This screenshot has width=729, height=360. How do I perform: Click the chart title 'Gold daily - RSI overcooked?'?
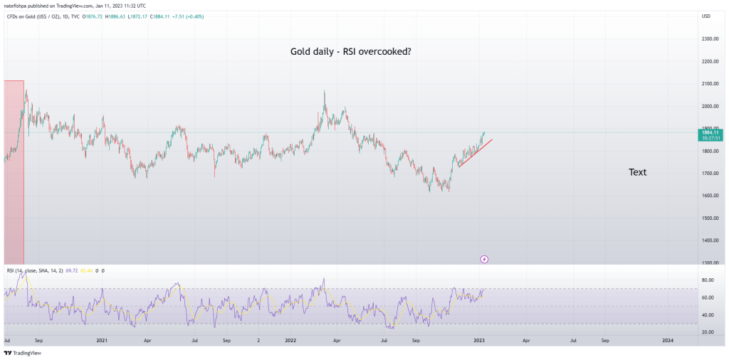pos(350,51)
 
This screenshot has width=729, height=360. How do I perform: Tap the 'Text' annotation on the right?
pos(637,172)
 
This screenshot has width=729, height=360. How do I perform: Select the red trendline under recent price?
pos(475,153)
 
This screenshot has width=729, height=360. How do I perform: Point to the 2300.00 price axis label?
pos(709,38)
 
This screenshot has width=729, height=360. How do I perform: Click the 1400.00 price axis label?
pos(709,240)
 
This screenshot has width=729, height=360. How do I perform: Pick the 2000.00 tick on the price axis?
pos(709,106)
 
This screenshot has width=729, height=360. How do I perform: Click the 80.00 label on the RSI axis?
pos(708,280)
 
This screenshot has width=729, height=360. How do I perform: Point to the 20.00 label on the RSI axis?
pos(708,332)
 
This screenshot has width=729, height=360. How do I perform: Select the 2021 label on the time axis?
pos(102,341)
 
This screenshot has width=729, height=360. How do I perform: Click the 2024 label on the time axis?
pos(668,341)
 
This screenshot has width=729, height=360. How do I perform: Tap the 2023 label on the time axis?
pos(479,341)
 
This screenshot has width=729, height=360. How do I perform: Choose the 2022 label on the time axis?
pos(290,341)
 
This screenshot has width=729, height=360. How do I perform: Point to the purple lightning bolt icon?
pos(484,259)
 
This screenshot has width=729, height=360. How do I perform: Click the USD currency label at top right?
pos(706,16)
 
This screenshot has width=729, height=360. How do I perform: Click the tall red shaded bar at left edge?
pos(14,171)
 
